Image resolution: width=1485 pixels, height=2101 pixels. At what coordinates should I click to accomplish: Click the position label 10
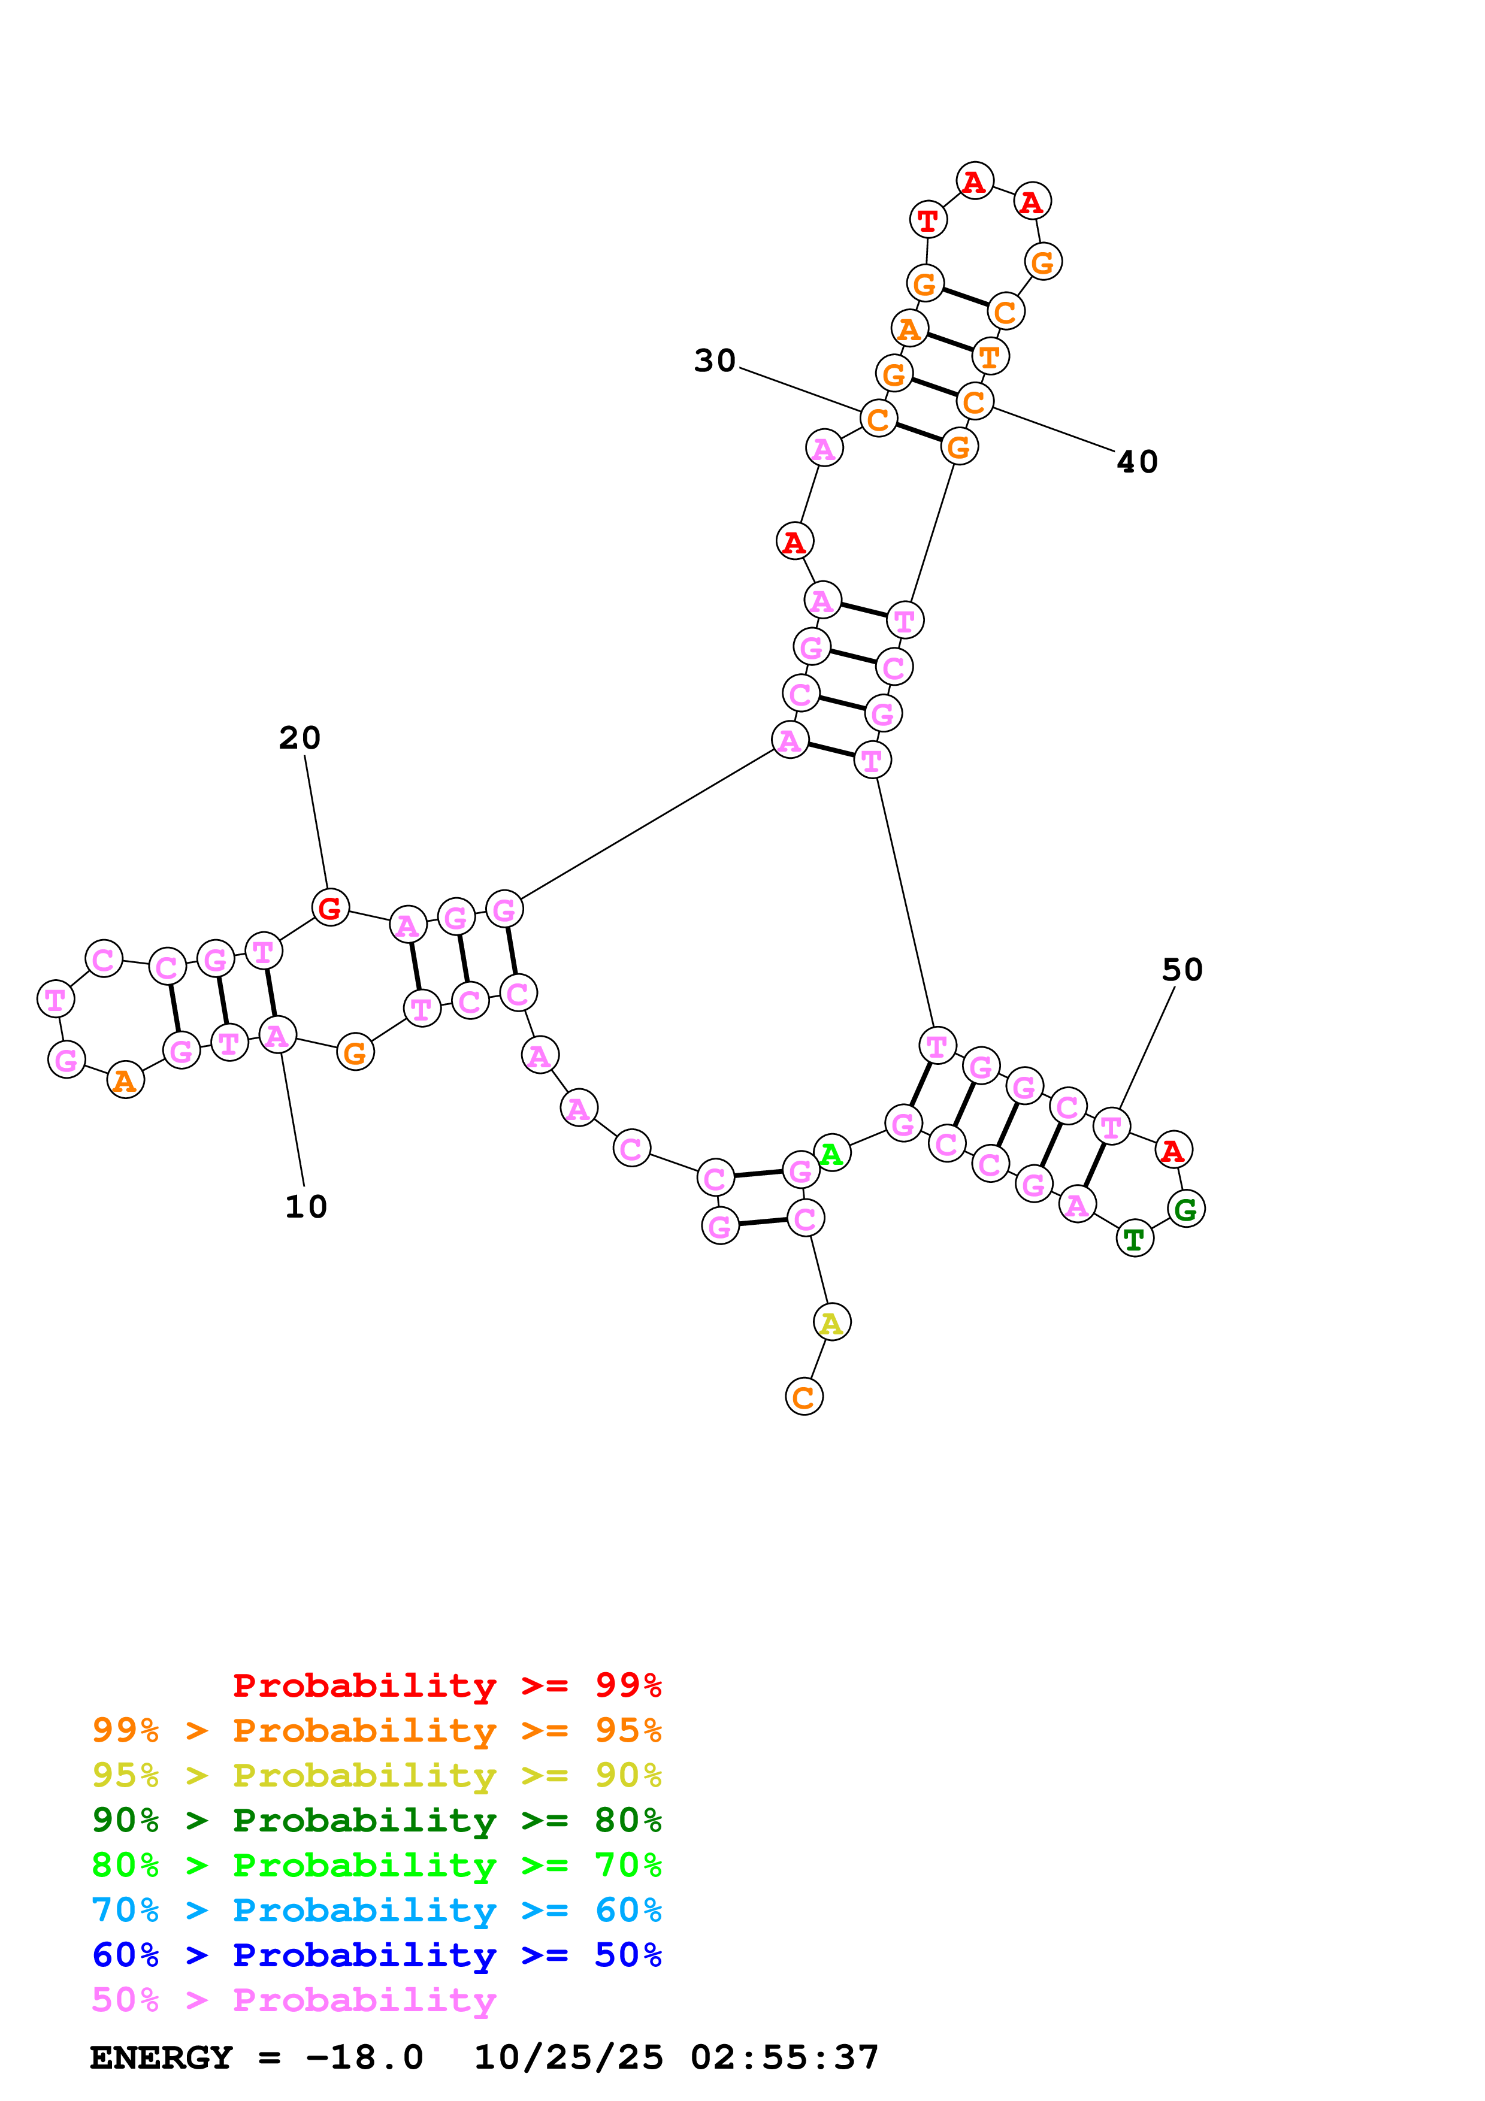pos(306,1207)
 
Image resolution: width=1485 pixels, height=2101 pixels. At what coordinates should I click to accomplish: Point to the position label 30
pos(715,362)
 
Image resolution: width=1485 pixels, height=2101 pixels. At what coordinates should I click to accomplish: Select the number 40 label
pos(1138,462)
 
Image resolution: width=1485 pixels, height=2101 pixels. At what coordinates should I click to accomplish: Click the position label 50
pos(1182,970)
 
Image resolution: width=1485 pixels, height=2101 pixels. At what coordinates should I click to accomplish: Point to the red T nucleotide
pos(928,220)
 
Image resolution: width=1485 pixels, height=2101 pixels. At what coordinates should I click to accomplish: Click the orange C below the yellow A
pos(804,1397)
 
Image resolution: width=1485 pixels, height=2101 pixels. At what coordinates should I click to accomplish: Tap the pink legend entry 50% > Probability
pos(293,1999)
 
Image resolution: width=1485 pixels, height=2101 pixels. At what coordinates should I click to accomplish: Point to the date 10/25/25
pos(567,2058)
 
